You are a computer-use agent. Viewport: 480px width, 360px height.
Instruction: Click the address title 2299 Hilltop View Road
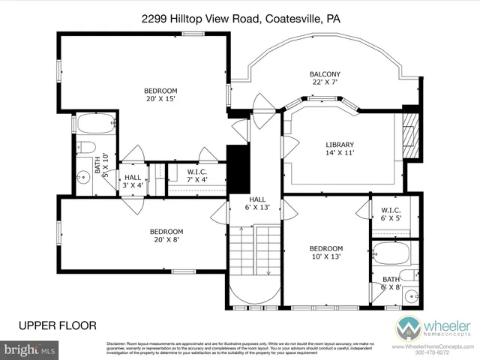[x=239, y=20]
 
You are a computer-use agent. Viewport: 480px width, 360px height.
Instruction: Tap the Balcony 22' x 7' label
[x=325, y=79]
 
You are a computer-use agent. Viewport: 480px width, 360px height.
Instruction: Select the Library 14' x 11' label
[x=339, y=148]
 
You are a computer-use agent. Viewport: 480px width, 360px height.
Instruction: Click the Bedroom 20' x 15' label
[x=160, y=95]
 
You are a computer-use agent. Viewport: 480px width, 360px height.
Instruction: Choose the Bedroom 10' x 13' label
[x=326, y=253]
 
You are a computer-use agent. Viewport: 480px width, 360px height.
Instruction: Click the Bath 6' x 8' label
[x=391, y=283]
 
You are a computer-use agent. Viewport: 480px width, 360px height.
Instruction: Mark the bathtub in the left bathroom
[x=93, y=123]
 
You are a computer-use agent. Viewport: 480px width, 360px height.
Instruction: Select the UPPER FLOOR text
[x=58, y=325]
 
